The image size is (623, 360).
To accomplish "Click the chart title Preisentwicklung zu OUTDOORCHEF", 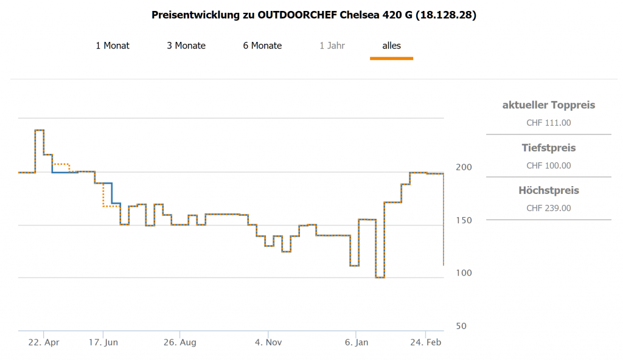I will [313, 15].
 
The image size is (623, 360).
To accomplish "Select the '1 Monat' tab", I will [113, 46].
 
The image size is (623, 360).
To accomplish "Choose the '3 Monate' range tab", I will [186, 46].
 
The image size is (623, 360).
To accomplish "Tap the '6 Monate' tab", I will [262, 46].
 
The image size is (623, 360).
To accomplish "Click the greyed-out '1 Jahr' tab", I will [332, 46].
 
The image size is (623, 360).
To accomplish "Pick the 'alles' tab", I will [391, 46].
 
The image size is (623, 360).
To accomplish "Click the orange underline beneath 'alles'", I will [391, 58].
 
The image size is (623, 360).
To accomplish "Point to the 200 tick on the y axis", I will [464, 167].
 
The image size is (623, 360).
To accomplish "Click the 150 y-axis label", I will [464, 220].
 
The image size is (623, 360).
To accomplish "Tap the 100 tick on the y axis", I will [464, 273].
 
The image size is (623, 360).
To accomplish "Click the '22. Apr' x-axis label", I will [44, 342].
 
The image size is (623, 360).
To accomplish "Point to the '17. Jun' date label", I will [103, 342].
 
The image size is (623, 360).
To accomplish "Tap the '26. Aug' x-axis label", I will [179, 342].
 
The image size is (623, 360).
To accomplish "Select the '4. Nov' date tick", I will [268, 342].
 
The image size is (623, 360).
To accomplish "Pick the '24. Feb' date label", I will [426, 342].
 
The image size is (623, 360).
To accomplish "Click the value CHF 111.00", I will [548, 123].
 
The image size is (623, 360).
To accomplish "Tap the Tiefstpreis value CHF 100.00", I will [548, 165].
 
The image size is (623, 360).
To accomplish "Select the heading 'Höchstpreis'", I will [548, 190].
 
